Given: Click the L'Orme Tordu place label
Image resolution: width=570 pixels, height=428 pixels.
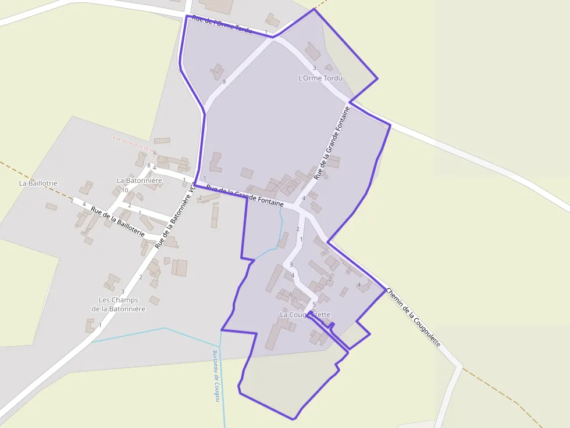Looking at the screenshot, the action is click(319, 78).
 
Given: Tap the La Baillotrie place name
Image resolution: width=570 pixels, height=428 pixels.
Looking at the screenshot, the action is click(38, 183).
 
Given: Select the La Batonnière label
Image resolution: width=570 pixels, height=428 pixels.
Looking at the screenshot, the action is click(139, 181).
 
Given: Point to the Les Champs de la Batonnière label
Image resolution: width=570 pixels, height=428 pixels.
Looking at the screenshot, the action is click(119, 304).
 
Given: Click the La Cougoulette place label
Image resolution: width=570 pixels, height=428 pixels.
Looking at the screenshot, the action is click(305, 315).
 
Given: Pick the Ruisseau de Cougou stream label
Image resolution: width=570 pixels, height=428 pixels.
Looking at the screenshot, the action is click(216, 376).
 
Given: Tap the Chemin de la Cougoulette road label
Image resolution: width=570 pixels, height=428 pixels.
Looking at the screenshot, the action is click(413, 317).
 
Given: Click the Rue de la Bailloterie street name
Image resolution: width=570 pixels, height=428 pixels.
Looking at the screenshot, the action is click(117, 221).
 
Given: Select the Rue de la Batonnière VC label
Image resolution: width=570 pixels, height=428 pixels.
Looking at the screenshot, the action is click(176, 215).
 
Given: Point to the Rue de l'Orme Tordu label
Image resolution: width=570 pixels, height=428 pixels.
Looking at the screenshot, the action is click(222, 24).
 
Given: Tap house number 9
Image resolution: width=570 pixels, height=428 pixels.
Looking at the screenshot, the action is click(224, 82).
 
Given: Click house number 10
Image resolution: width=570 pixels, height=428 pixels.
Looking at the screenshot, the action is click(125, 190).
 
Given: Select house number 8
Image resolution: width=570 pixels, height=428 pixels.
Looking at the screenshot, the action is click(148, 166).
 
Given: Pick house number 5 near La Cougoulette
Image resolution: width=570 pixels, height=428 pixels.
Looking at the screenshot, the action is click(314, 304).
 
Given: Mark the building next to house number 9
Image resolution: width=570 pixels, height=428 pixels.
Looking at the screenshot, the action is click(217, 72).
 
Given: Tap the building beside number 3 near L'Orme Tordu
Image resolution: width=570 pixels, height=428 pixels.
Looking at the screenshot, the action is click(312, 52).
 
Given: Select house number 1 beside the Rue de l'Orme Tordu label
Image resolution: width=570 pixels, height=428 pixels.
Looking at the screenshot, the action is click(266, 31).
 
